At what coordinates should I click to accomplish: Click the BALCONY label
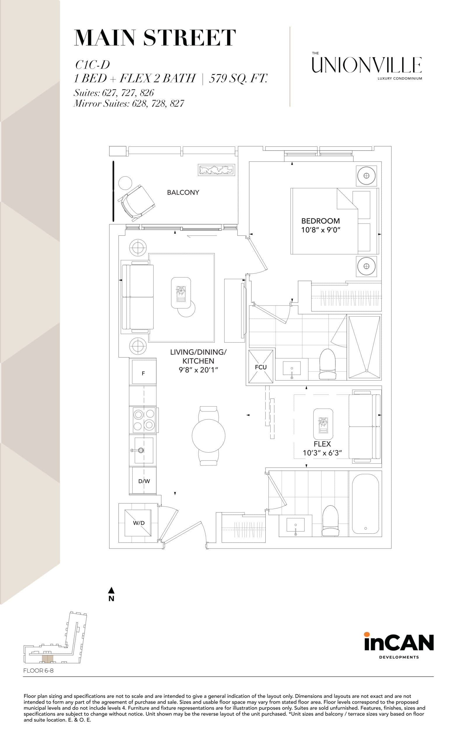click(183, 193)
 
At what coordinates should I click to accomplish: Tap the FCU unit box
click(260, 366)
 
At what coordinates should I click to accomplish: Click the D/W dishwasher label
click(144, 481)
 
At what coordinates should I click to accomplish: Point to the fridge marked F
click(143, 373)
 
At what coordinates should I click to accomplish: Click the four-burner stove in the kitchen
click(144, 420)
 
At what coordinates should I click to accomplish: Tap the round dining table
click(208, 436)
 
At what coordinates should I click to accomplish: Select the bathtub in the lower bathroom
click(365, 504)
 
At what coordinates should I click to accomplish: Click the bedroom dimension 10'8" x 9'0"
click(321, 230)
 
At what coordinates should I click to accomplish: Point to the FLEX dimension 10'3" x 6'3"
click(322, 453)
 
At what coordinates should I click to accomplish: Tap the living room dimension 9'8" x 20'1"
click(198, 370)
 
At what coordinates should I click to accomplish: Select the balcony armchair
click(138, 201)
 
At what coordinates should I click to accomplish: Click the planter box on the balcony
click(216, 170)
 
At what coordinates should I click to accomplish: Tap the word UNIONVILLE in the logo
click(367, 65)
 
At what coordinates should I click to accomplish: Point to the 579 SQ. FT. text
click(238, 78)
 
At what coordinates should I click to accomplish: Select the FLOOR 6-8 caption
click(38, 671)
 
